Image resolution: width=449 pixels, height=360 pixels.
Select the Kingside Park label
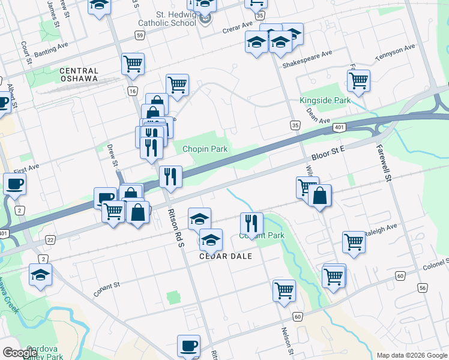coord(325,101)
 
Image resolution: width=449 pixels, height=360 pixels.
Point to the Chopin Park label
coord(205,148)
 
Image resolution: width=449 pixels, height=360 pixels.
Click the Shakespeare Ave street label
coord(307,58)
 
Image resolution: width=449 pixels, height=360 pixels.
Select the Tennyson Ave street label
coord(396,52)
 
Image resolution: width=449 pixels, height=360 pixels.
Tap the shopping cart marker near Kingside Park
coord(358,80)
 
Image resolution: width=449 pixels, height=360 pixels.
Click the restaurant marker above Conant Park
coord(251,223)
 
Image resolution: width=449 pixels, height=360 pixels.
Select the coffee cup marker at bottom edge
coord(188,346)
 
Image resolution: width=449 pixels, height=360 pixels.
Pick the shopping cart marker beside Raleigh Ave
coord(354,242)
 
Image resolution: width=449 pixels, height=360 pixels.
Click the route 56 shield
coord(423,288)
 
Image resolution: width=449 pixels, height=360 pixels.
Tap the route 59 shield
coord(139,36)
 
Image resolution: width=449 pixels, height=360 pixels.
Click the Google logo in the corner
coord(20,353)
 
